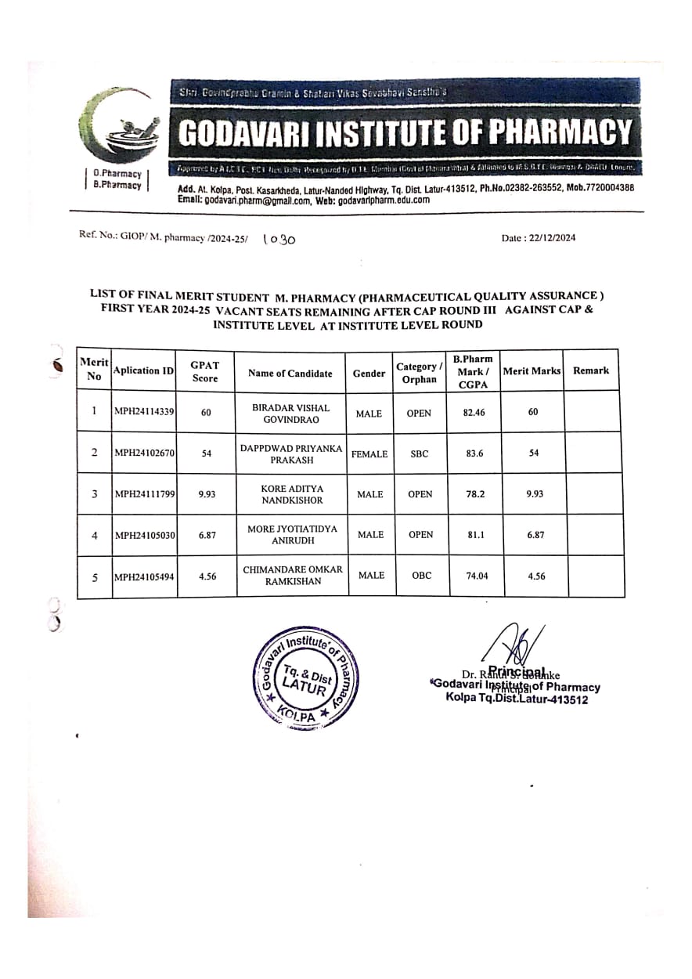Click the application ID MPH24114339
point(144,412)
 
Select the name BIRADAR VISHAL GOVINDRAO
point(290,414)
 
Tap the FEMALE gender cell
point(369,453)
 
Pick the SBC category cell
point(420,453)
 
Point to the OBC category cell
point(421,576)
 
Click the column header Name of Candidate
point(290,374)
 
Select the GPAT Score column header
point(205,371)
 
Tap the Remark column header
point(590,370)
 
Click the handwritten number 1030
point(279,240)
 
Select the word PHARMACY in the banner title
point(559,132)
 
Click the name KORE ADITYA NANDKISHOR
point(291,493)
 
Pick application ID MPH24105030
point(144,535)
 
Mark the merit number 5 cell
point(95,577)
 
